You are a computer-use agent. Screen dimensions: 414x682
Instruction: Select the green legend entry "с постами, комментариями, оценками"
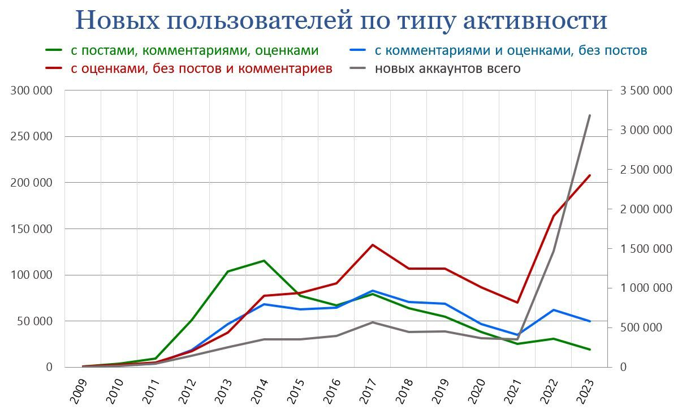pos(194,50)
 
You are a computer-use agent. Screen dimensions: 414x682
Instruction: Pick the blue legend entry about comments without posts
pos(511,50)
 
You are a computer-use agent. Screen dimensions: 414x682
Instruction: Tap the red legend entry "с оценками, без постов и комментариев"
pos(201,68)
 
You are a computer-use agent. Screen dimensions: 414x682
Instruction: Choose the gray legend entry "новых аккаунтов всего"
pos(447,68)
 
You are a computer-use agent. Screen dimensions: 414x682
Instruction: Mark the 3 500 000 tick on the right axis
pos(645,90)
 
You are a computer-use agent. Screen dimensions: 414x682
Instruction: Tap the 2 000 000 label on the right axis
pos(645,209)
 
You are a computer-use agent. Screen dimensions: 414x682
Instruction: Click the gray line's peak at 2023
pos(590,115)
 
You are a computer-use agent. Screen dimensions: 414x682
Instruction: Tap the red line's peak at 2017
pos(373,245)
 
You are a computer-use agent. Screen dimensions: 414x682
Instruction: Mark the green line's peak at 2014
pos(264,261)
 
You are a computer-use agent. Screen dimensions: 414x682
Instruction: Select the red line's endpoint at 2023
pos(590,175)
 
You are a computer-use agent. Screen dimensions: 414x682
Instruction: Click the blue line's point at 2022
pos(554,310)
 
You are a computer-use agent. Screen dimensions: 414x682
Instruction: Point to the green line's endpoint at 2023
pos(590,350)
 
